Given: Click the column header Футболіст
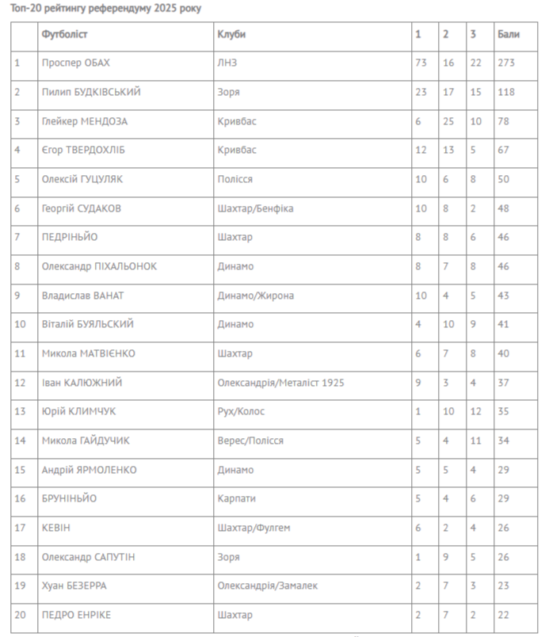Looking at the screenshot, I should click(65, 35).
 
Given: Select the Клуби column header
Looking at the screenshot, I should click(231, 35).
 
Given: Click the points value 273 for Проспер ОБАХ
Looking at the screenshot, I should click(506, 63).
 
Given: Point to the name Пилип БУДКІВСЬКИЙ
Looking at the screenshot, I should click(91, 92).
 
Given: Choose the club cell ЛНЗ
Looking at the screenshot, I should click(227, 63).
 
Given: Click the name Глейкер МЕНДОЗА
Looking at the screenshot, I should click(85, 121).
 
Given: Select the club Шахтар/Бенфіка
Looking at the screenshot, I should click(255, 208).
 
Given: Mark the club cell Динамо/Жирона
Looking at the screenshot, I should click(255, 296).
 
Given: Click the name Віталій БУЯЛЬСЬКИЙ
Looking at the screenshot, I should click(87, 324).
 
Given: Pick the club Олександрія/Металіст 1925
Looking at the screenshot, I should click(280, 383).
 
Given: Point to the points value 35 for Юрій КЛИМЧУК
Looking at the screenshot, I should click(504, 411).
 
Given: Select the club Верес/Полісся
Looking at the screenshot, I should click(250, 441).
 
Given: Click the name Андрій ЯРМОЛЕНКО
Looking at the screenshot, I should click(89, 470).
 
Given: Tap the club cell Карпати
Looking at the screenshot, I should click(236, 498).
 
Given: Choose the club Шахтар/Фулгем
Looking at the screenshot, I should click(251, 528).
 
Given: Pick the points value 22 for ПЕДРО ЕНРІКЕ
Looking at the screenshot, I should click(504, 615).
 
